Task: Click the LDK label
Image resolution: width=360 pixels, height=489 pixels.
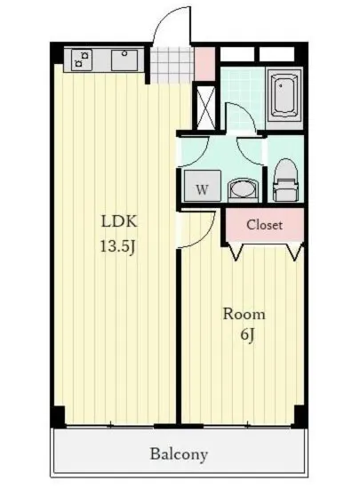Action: [119, 221]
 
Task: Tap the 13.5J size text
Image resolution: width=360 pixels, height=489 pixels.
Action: [117, 246]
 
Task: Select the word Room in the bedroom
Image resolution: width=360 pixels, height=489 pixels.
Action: [244, 314]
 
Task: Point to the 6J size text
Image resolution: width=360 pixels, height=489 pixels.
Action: [248, 335]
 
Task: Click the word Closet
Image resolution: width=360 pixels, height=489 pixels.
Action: [264, 225]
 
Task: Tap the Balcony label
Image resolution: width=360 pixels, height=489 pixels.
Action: [180, 454]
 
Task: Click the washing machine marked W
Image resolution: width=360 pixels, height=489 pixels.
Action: [203, 186]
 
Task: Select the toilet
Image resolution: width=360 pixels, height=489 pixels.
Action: [286, 180]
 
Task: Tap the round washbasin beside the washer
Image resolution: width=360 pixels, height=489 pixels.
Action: [244, 190]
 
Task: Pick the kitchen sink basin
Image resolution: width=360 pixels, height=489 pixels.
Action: [124, 60]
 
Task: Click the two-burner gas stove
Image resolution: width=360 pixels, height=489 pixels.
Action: [82, 60]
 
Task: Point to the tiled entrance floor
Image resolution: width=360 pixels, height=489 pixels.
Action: [172, 65]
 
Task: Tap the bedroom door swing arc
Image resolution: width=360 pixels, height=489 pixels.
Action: [208, 235]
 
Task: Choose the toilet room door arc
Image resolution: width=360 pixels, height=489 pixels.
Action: [245, 156]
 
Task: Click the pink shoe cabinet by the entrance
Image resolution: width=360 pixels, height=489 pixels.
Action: [204, 63]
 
